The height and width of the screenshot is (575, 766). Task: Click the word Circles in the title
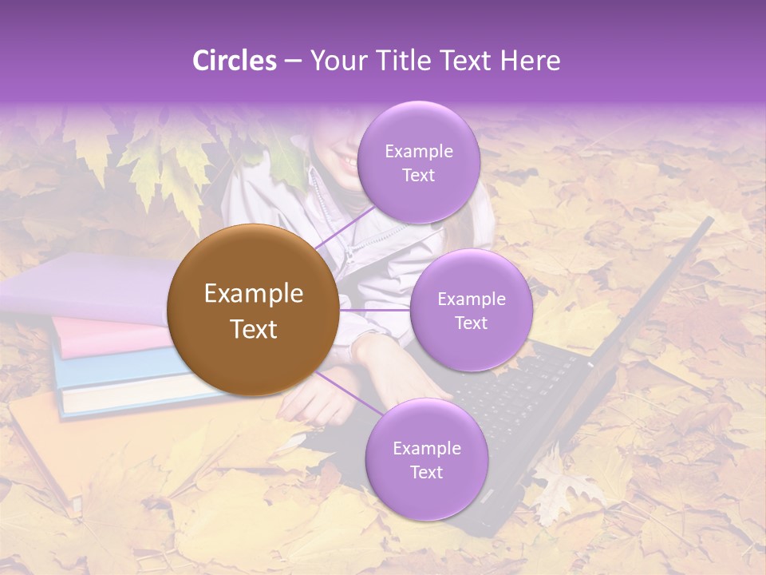234,61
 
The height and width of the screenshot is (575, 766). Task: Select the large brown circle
253,311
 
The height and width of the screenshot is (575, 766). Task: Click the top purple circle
418,162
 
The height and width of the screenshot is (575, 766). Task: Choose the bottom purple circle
426,459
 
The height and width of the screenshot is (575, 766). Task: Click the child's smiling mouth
349,163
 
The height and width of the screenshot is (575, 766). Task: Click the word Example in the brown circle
253,294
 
